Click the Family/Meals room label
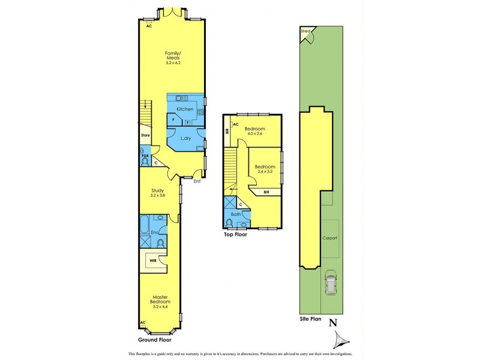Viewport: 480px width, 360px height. point(173,56)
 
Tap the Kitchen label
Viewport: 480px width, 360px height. point(185,109)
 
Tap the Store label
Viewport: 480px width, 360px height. point(145,136)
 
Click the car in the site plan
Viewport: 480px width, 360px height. point(330,283)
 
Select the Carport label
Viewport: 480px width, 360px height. point(330,238)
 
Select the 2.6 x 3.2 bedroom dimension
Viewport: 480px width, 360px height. point(264,171)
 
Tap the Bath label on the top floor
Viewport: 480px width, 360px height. point(236,214)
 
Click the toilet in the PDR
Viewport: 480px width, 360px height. point(145,161)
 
